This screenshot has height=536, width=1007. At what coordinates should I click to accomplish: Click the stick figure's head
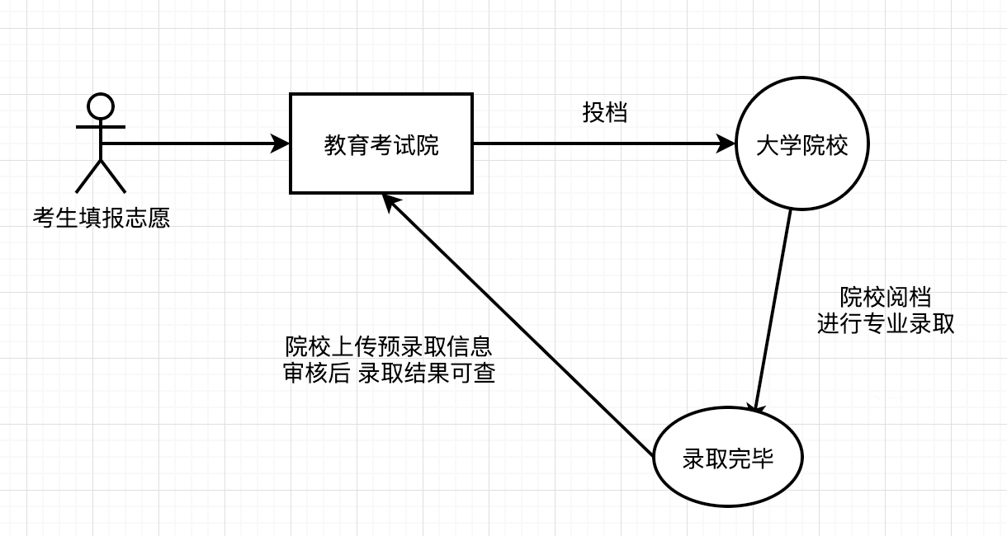(x=101, y=106)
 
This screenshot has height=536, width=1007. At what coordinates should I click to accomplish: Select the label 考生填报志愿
(x=101, y=219)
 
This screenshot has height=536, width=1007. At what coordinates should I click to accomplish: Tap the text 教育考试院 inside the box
(x=381, y=146)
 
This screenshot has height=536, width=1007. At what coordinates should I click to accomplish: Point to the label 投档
(x=605, y=113)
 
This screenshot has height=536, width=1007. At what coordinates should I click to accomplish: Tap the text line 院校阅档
(x=886, y=297)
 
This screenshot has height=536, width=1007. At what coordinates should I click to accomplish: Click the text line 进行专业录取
(x=886, y=324)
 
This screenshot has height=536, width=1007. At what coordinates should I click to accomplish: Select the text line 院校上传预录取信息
(x=389, y=345)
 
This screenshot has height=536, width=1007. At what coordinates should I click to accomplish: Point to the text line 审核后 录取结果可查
(x=389, y=373)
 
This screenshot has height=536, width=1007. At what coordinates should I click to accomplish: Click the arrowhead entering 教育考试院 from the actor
(x=281, y=144)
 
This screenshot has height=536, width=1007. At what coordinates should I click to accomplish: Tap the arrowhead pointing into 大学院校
(x=727, y=144)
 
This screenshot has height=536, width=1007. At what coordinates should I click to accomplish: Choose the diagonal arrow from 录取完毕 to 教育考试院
(x=520, y=326)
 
